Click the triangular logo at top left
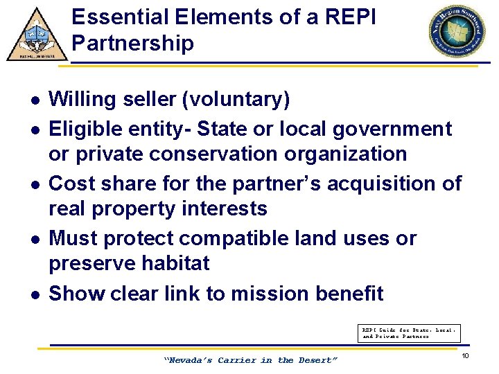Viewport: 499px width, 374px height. click(x=37, y=35)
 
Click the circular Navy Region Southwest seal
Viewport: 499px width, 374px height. click(x=458, y=31)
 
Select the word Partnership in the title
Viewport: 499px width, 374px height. click(x=132, y=44)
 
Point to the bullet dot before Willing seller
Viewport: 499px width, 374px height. click(x=35, y=100)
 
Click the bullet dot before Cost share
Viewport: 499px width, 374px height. click(x=35, y=184)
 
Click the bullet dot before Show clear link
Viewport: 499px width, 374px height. click(x=35, y=294)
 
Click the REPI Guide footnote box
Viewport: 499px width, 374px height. click(x=410, y=333)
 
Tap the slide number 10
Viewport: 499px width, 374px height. click(x=466, y=356)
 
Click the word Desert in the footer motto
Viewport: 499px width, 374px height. click(x=317, y=360)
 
